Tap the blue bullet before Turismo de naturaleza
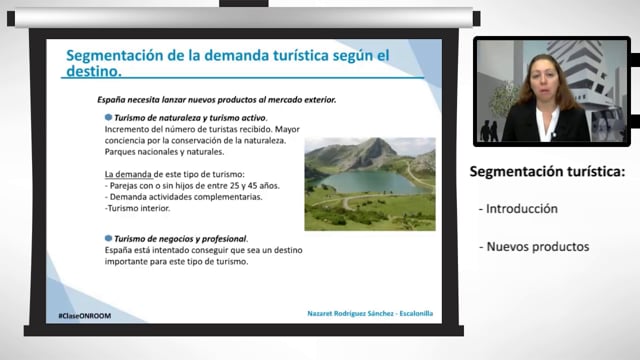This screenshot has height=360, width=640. [x=108, y=117]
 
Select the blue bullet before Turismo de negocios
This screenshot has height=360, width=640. [x=108, y=237]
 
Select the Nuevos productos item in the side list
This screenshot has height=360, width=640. [x=533, y=246]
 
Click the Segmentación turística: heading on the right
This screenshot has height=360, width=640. [x=547, y=172]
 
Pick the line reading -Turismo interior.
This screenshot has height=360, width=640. [x=140, y=208]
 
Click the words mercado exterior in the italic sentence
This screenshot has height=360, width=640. [x=299, y=100]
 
